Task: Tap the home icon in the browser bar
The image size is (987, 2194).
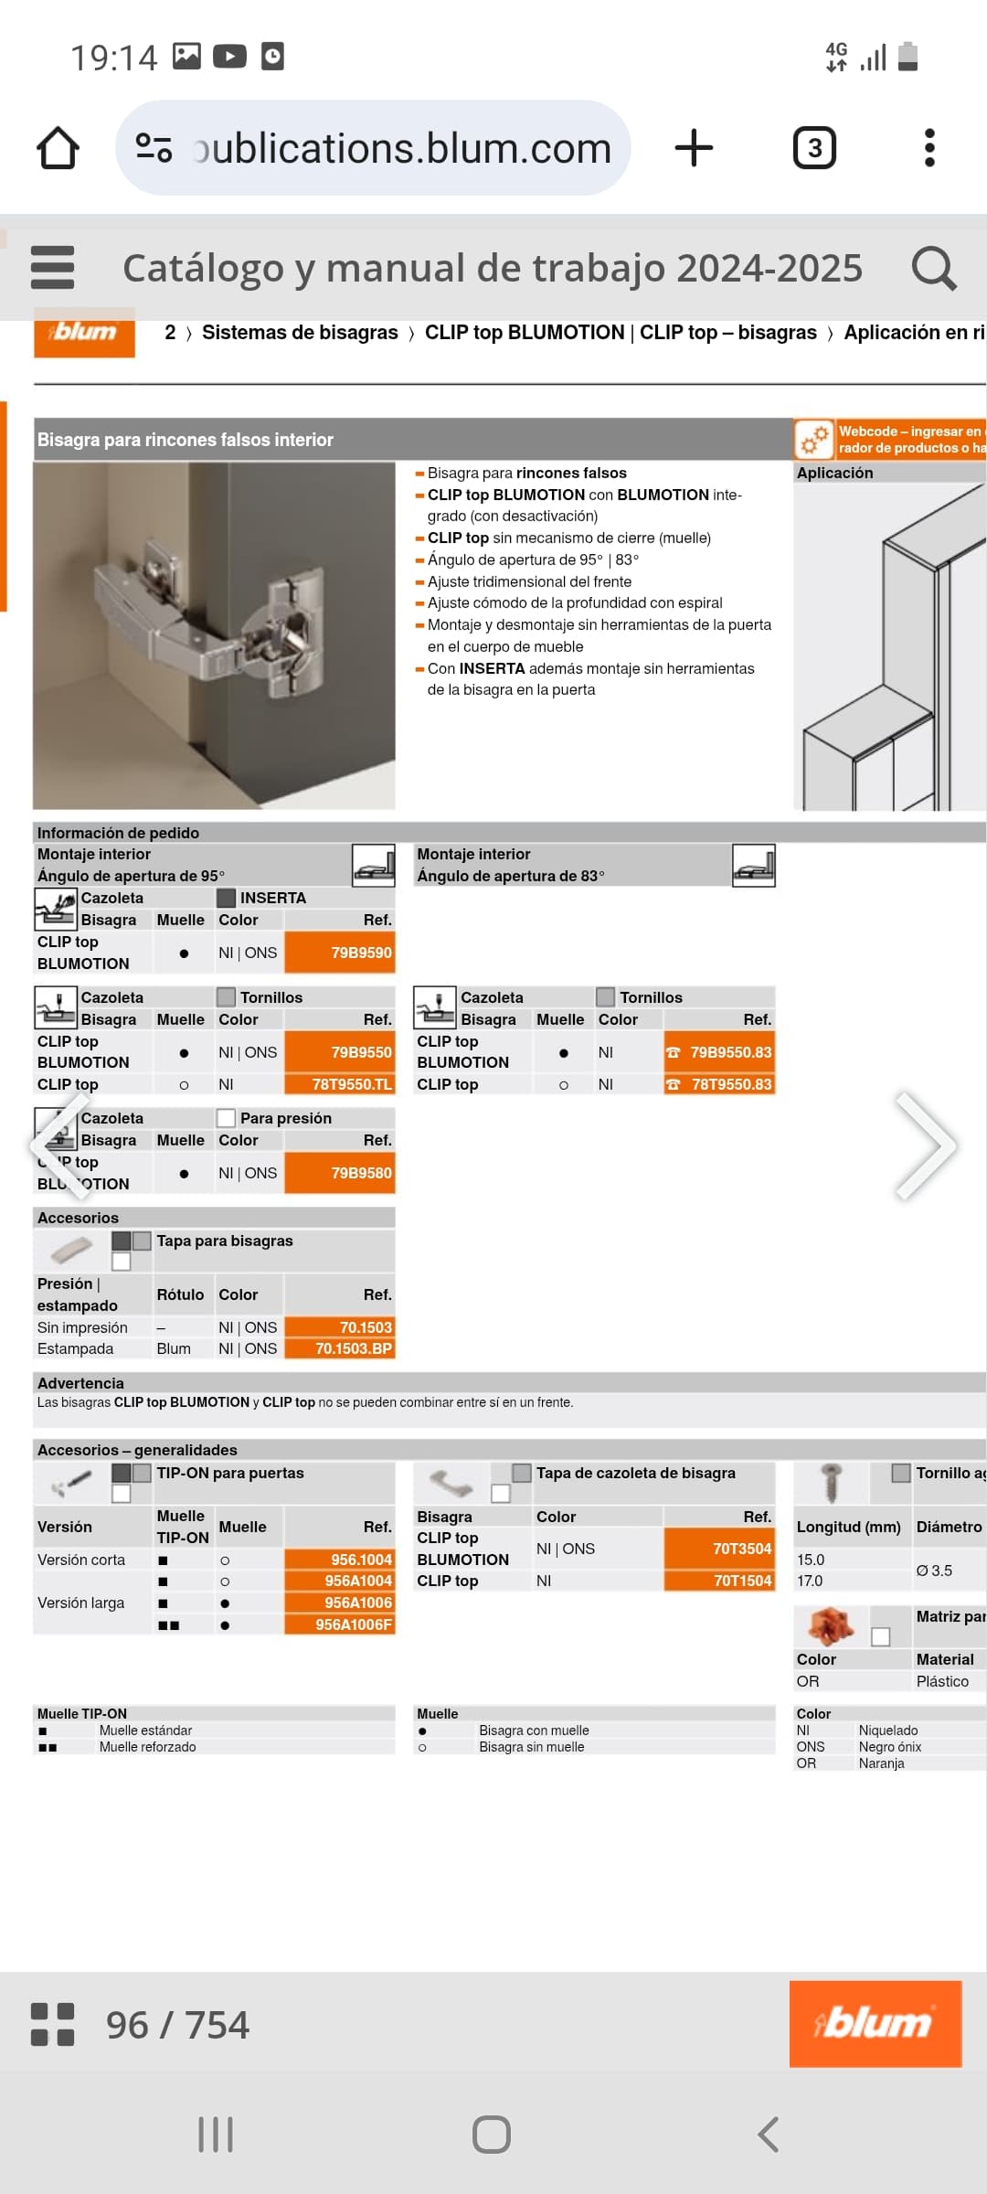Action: [x=58, y=148]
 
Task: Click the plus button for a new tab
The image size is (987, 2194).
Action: [x=694, y=148]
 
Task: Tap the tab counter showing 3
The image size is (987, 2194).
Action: [x=814, y=148]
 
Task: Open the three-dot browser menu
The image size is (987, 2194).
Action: [x=929, y=148]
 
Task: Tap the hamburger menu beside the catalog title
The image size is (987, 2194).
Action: [x=52, y=268]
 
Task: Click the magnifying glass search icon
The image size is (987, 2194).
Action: [x=933, y=268]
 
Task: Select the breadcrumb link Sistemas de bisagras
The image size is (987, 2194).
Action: [x=300, y=333]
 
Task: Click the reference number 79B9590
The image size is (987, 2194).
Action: [x=361, y=953]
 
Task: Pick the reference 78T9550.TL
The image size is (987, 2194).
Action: [x=352, y=1084]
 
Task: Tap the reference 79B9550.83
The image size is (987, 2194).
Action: [x=730, y=1052]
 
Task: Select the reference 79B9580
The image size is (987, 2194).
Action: [x=361, y=1173]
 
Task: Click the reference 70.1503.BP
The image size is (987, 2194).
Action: [x=354, y=1348]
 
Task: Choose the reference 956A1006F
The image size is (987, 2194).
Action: [x=354, y=1624]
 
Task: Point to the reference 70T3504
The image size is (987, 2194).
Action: [x=742, y=1549]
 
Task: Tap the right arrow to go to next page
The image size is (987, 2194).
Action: [x=925, y=1145]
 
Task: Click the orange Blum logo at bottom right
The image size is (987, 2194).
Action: [x=875, y=2024]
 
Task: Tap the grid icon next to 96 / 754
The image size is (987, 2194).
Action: [x=52, y=2025]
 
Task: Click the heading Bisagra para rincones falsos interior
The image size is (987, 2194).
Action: [x=186, y=440]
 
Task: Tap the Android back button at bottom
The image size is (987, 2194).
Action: [x=769, y=2135]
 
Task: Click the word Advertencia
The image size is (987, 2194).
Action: [x=80, y=1383]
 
